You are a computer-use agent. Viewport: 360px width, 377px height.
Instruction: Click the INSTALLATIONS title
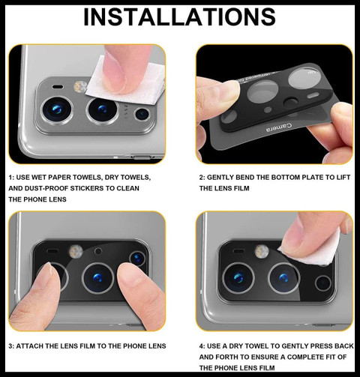(179, 17)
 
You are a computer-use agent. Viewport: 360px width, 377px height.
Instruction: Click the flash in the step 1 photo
(80, 87)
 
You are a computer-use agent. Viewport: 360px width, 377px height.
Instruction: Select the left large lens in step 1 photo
(57, 110)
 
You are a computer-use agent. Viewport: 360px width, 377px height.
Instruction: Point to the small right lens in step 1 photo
(142, 114)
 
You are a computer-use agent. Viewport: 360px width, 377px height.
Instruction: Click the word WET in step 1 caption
(39, 178)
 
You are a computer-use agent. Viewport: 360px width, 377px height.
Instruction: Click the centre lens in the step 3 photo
(97, 278)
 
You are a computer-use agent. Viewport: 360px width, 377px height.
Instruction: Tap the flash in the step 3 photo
(76, 251)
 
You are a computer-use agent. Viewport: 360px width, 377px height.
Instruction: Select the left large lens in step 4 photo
(238, 278)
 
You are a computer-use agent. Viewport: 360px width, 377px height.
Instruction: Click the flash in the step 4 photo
(262, 251)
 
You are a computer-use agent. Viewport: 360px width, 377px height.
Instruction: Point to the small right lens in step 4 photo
(323, 283)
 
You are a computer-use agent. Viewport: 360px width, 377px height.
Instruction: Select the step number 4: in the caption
(202, 346)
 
